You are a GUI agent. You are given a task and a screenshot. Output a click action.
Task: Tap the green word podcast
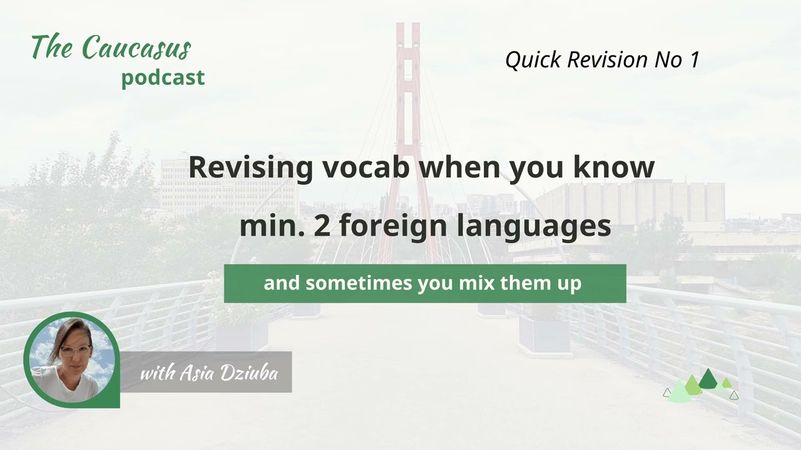(163, 77)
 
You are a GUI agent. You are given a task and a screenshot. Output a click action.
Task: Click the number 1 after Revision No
(693, 59)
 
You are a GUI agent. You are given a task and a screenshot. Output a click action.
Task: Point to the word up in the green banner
(571, 284)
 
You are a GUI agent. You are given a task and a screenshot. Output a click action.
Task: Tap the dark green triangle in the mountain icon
(708, 379)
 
